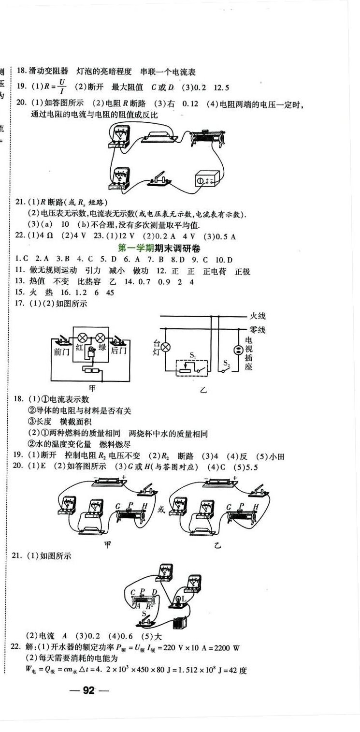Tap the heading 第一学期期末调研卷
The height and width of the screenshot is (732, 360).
159,248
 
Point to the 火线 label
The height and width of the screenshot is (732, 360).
257,316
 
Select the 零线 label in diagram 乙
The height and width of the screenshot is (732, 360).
257,330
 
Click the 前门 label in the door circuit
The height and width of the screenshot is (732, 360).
62,351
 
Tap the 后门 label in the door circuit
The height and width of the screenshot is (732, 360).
118,351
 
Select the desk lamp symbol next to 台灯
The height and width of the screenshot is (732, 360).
166,347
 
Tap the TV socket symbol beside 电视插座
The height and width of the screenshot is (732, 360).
237,350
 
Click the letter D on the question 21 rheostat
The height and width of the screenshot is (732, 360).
154,592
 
